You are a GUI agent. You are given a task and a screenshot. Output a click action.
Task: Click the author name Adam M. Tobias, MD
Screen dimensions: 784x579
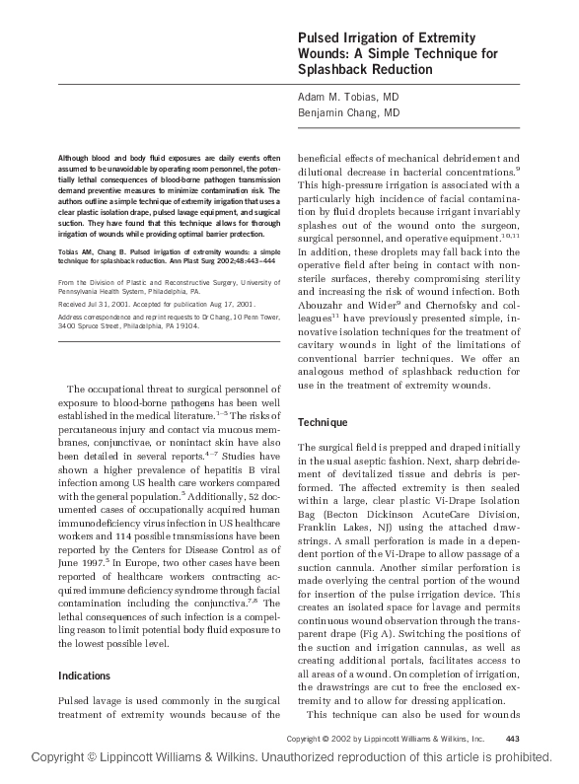tap(348, 98)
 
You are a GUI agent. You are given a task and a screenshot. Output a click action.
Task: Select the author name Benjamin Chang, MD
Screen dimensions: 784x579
tap(348, 113)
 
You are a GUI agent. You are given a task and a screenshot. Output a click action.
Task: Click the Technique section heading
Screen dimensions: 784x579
tap(323, 422)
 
